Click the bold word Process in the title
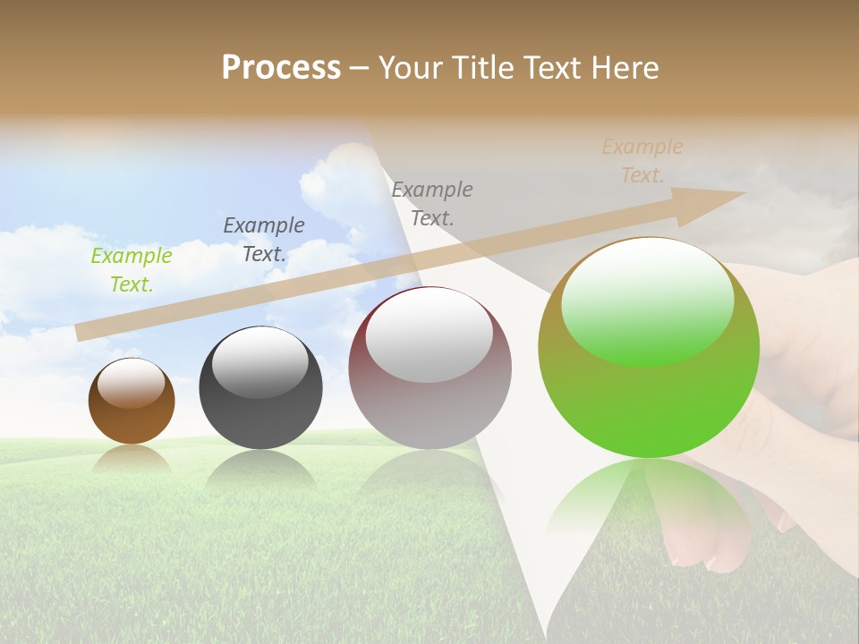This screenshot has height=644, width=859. pyautogui.click(x=281, y=68)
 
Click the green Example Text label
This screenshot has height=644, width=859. pyautogui.click(x=132, y=270)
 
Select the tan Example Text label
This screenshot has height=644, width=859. pyautogui.click(x=642, y=161)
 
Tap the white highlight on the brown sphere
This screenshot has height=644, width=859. pyautogui.click(x=132, y=384)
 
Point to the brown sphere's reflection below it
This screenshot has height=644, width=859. pyautogui.click(x=132, y=458)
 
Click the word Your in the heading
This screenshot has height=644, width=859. pyautogui.click(x=408, y=68)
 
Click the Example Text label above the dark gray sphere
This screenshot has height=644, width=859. pyautogui.click(x=264, y=240)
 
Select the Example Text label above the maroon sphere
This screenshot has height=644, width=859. pyautogui.click(x=432, y=203)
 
